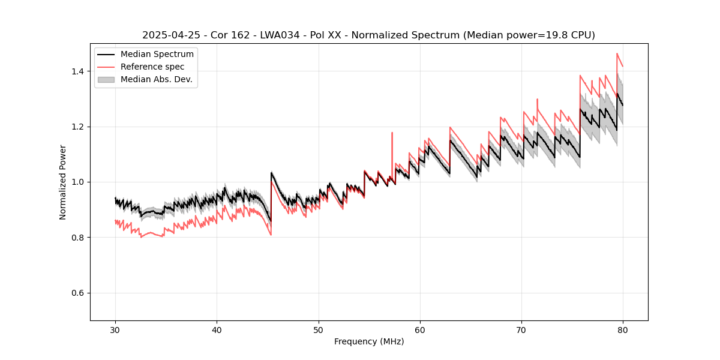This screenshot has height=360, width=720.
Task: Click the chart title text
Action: click(368, 35)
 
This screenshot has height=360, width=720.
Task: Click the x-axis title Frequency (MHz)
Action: click(369, 341)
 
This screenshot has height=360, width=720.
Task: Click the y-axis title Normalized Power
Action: click(63, 182)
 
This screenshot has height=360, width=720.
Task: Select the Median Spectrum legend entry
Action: click(157, 55)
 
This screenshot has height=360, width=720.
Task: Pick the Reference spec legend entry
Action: click(152, 67)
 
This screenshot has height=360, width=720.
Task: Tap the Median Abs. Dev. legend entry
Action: click(156, 79)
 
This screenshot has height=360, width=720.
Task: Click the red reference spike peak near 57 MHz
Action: click(392, 133)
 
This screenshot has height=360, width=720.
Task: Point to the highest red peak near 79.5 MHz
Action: click(617, 53)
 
